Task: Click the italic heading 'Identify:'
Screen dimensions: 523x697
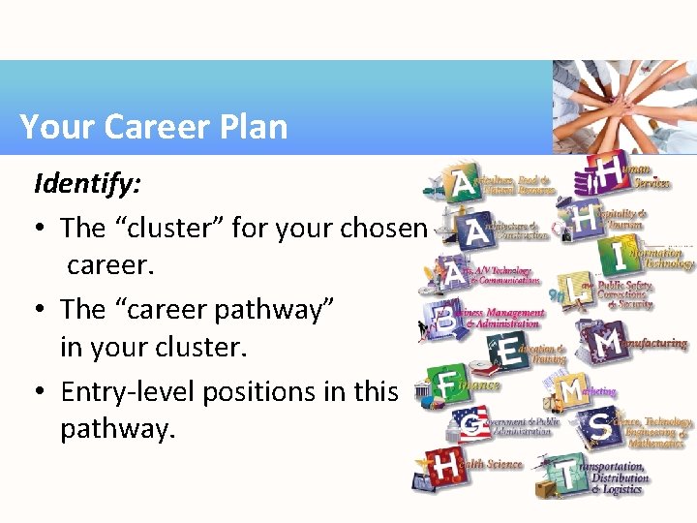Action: (76, 183)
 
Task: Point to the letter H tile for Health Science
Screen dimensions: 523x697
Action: (445, 468)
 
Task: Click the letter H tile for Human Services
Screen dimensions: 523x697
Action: (609, 171)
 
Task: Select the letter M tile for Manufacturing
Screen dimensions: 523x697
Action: (608, 343)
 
